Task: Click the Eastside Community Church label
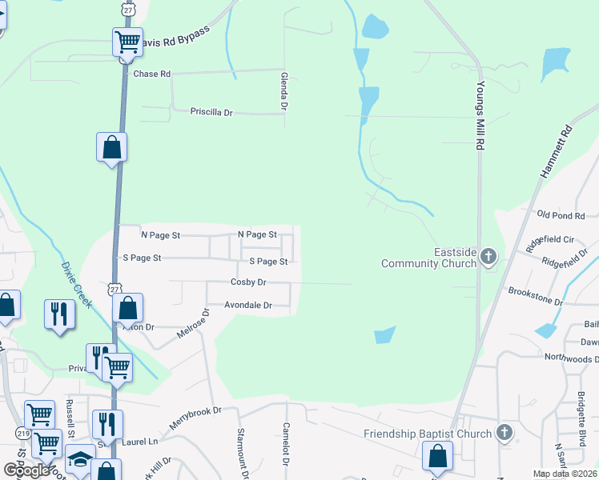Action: click(x=428, y=258)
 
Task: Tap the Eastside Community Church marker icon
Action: click(x=488, y=257)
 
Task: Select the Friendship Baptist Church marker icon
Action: click(x=504, y=433)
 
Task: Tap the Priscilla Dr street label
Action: click(x=211, y=113)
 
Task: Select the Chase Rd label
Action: click(x=152, y=74)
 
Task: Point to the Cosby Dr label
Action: click(x=247, y=282)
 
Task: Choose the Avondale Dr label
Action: click(x=248, y=305)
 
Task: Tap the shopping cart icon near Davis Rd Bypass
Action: click(x=127, y=42)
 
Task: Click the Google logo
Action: click(x=27, y=470)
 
